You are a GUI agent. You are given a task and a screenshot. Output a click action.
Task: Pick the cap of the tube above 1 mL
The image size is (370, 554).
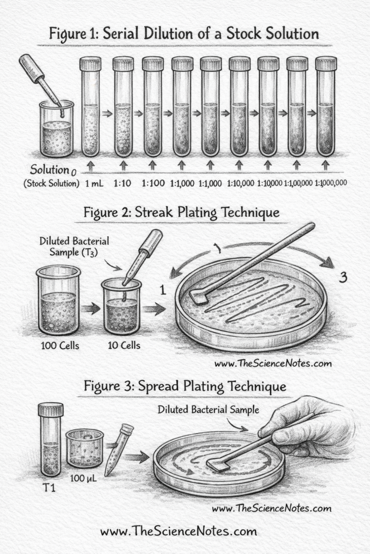coord(91,63)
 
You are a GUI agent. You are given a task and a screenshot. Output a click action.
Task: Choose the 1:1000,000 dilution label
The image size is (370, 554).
coord(330,183)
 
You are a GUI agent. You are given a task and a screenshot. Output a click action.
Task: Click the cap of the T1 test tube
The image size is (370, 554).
coord(51,409)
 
